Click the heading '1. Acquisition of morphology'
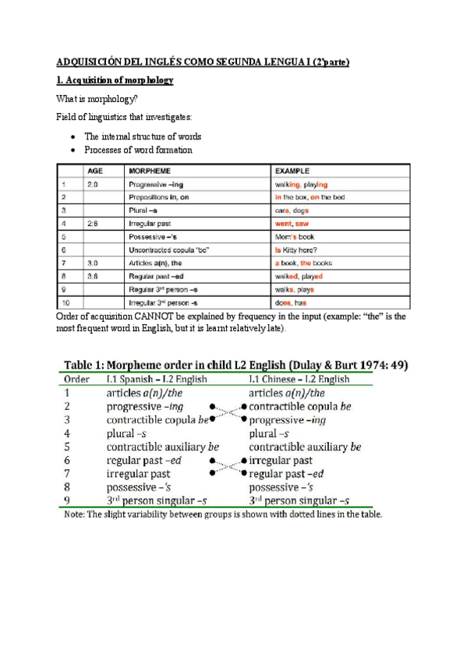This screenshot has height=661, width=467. coord(115,80)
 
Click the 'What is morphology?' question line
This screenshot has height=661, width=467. coord(97,99)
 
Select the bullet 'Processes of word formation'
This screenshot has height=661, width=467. coord(138,150)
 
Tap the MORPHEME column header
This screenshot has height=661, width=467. coord(150,170)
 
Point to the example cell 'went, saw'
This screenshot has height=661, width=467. coord(290,223)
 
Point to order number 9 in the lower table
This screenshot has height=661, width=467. coord(66,500)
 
